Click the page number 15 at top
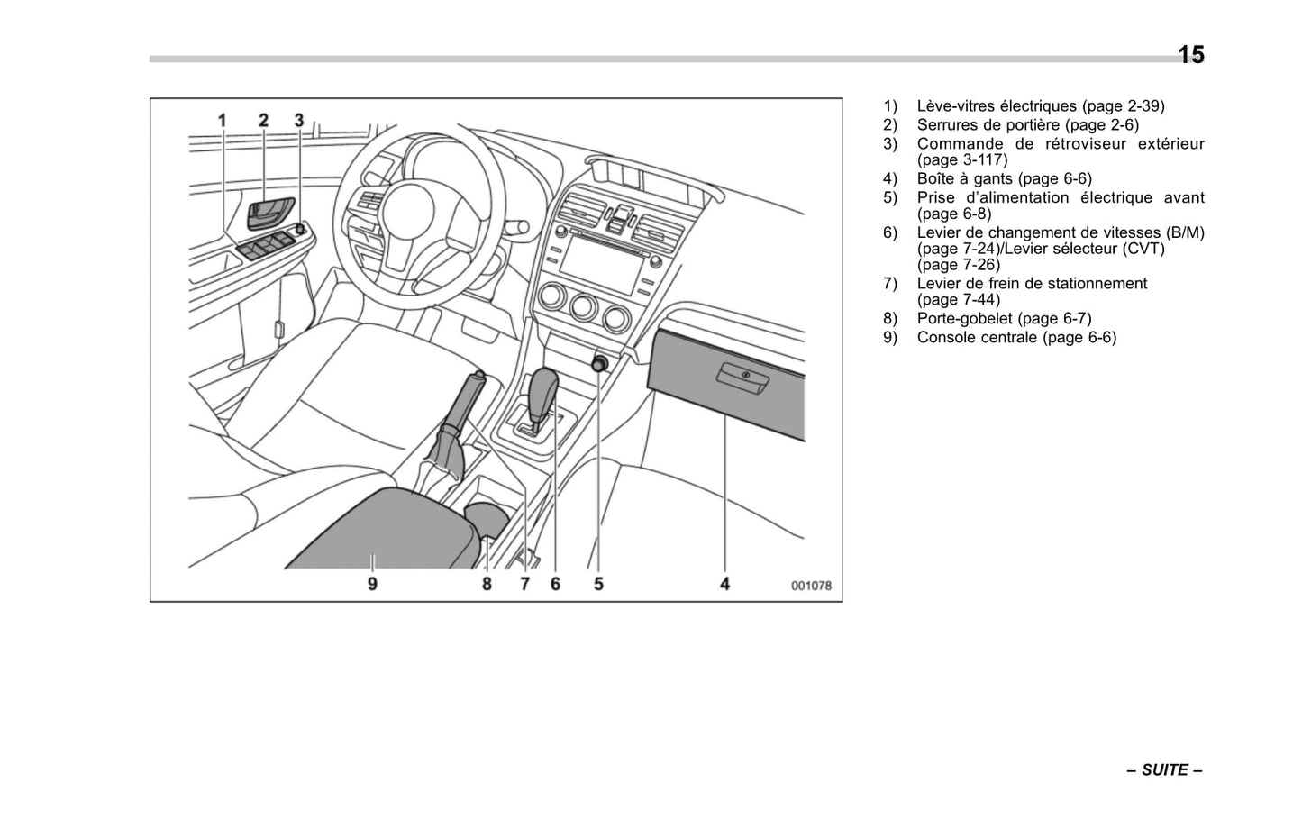[1190, 55]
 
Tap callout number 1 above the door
[222, 120]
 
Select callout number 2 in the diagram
[263, 120]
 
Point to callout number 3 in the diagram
[299, 120]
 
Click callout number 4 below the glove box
[724, 584]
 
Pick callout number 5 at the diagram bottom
[598, 584]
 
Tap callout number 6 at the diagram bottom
[555, 584]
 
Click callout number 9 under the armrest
[372, 584]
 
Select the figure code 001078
[811, 586]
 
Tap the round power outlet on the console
[599, 364]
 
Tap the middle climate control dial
[584, 306]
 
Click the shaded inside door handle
[269, 214]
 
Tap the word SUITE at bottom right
[1164, 770]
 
